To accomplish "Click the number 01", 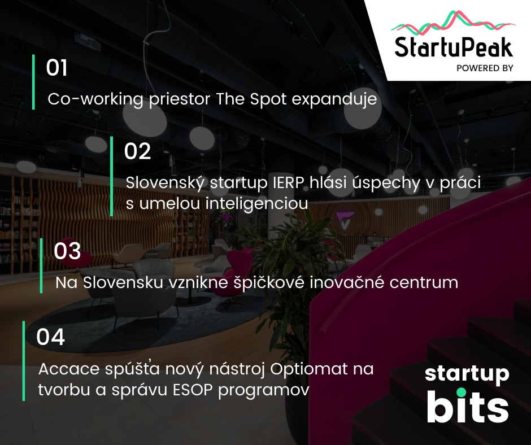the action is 56,67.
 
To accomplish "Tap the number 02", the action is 137,151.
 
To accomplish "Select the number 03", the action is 67,251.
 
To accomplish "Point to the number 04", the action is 50,337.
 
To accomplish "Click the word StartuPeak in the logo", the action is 454,47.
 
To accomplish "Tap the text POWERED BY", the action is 485,68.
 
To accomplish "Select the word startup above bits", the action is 467,374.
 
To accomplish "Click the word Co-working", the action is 95,99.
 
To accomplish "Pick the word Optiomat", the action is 309,369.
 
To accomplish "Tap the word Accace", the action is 69,369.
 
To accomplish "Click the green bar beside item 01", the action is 33,82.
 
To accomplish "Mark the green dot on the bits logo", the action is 461,392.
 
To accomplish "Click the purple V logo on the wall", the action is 345,220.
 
